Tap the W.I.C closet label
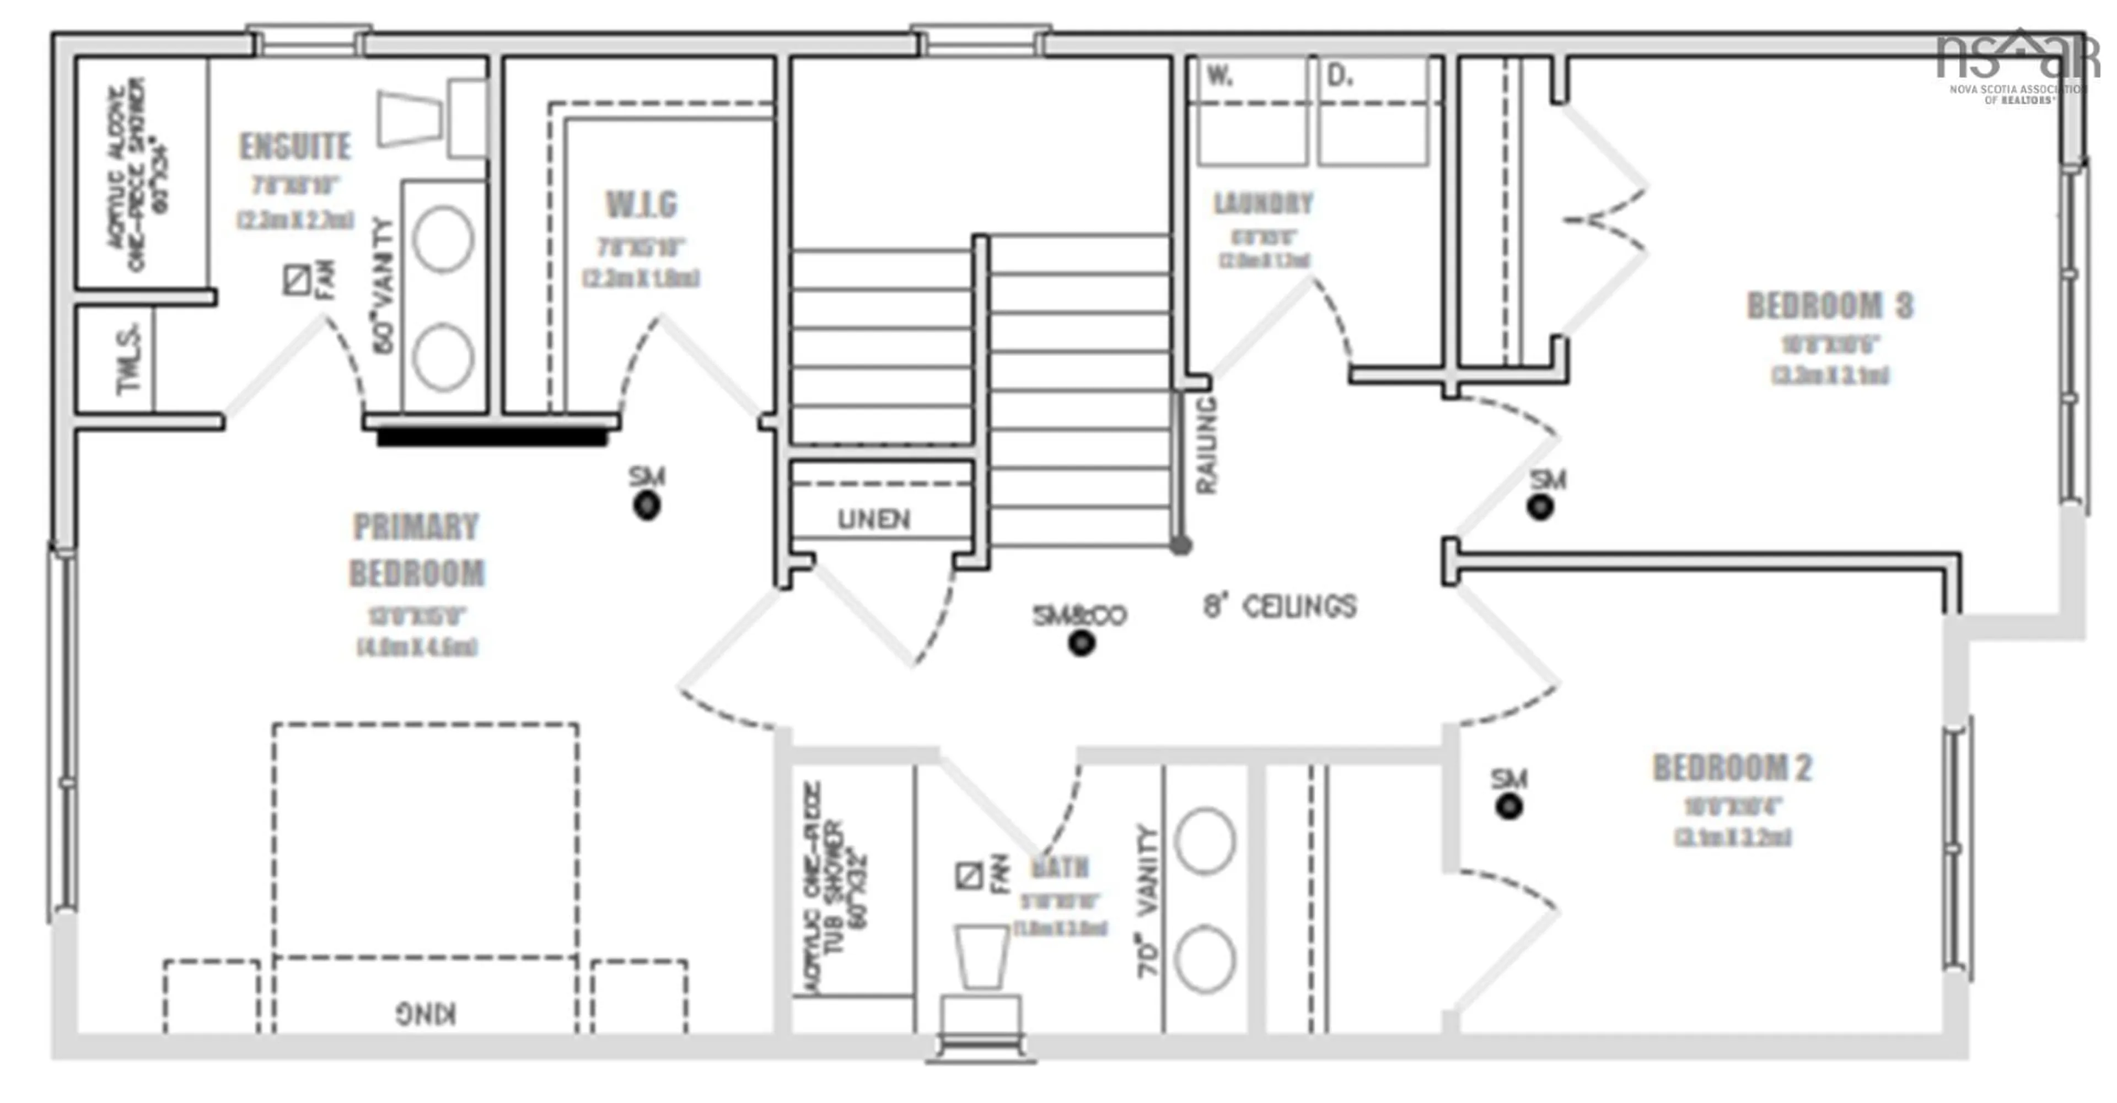point(641,205)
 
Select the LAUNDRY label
point(1263,203)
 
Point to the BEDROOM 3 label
point(1829,306)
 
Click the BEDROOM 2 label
point(1732,768)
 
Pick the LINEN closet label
point(874,519)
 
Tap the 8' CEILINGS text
point(1280,606)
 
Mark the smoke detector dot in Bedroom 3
point(1540,507)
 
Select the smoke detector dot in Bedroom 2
point(1509,806)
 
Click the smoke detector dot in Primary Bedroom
point(647,505)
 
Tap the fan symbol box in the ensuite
point(297,280)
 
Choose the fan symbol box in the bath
point(969,875)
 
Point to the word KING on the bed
point(426,1013)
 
